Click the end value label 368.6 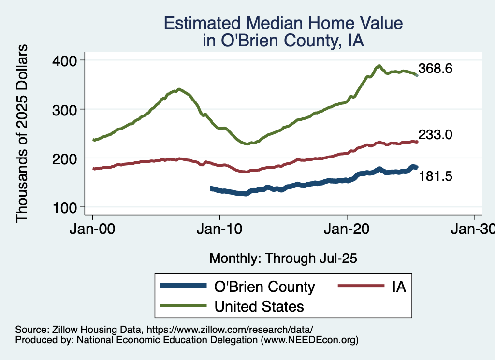click(x=435, y=69)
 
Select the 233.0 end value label click(x=435, y=135)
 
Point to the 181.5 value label click(x=435, y=177)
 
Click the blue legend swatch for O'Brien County click(x=183, y=287)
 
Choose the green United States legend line click(x=183, y=306)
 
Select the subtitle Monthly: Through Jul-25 click(x=283, y=259)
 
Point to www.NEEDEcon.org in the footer click(x=309, y=340)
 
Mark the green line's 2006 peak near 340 click(x=179, y=89)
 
